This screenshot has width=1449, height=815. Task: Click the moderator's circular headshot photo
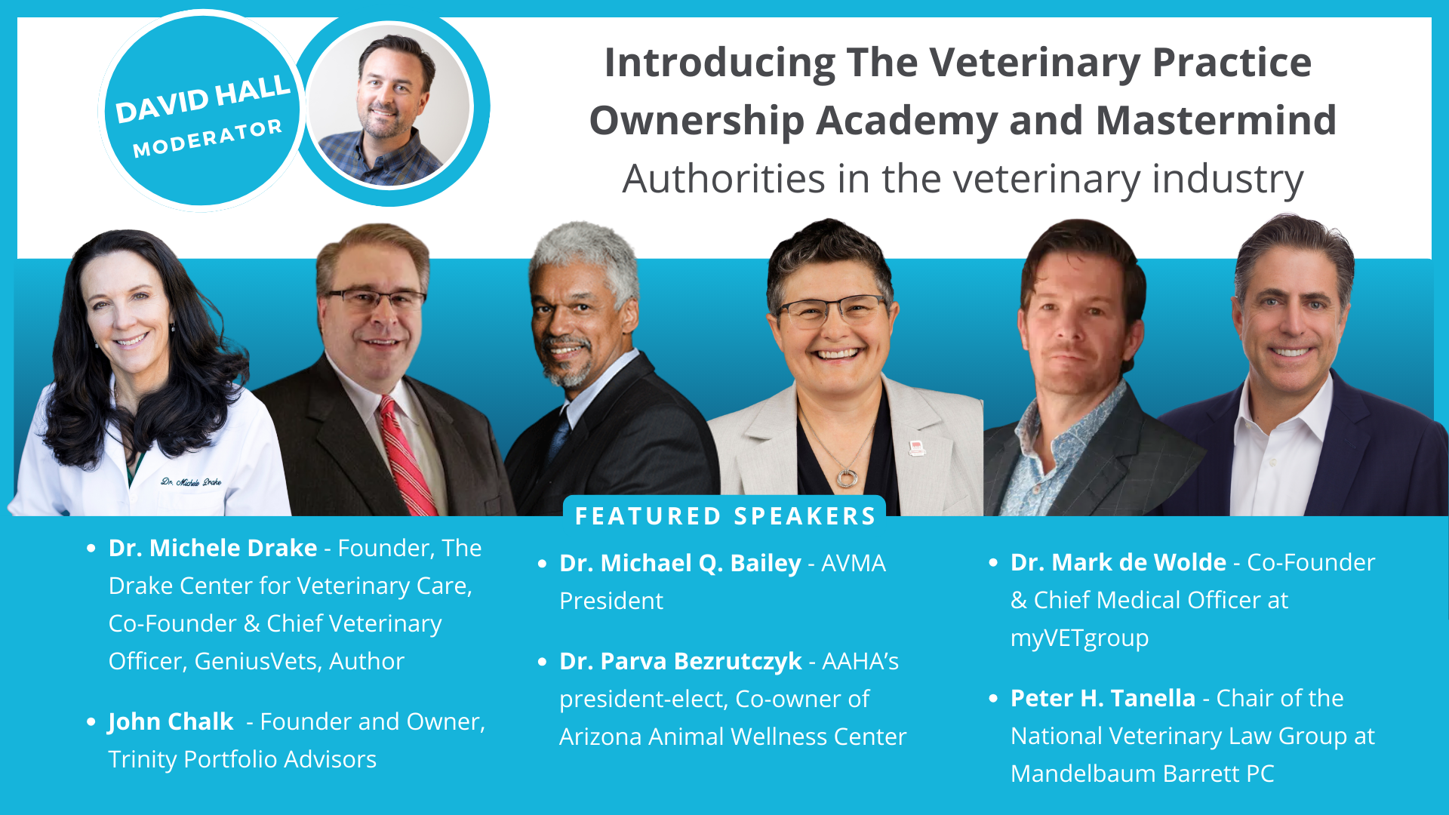[389, 106]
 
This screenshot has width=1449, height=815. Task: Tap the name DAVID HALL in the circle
[203, 99]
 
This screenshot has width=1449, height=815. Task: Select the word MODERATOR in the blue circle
[208, 139]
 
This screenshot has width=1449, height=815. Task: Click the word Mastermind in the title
[1216, 121]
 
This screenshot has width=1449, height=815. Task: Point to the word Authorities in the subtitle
[724, 180]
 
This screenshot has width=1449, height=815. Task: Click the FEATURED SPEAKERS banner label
[725, 516]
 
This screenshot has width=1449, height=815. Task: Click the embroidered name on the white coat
[191, 481]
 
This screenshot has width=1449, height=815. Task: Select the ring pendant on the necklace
[847, 478]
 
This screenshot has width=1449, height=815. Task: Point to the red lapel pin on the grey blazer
[917, 449]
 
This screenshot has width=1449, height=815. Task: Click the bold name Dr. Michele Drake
[213, 548]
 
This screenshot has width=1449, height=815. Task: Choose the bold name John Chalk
[171, 721]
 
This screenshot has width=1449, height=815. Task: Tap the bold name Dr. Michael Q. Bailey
[680, 563]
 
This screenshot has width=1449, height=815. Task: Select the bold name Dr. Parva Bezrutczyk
[680, 661]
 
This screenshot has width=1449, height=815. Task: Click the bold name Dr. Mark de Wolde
[1118, 562]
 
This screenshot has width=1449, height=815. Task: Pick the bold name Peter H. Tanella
[1103, 698]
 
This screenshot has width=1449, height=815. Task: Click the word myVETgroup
[1079, 638]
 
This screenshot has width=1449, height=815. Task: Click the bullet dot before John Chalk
[91, 721]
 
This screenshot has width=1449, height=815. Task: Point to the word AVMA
[854, 563]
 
